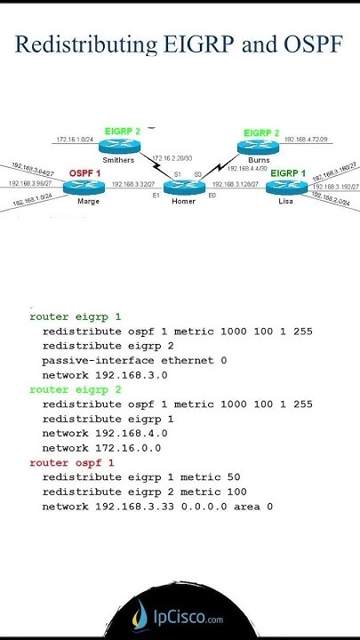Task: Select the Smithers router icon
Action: point(124,145)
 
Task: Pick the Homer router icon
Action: point(184,186)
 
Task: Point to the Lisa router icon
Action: point(285,186)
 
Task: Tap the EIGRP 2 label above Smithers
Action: point(123,132)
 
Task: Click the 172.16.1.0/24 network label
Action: point(75,140)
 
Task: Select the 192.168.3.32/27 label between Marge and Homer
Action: point(132,184)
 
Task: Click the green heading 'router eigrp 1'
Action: point(76,316)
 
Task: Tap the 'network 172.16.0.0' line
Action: point(101,448)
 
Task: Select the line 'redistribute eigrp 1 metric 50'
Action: point(140,477)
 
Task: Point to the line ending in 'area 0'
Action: point(157,507)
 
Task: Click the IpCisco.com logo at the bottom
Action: point(179,618)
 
